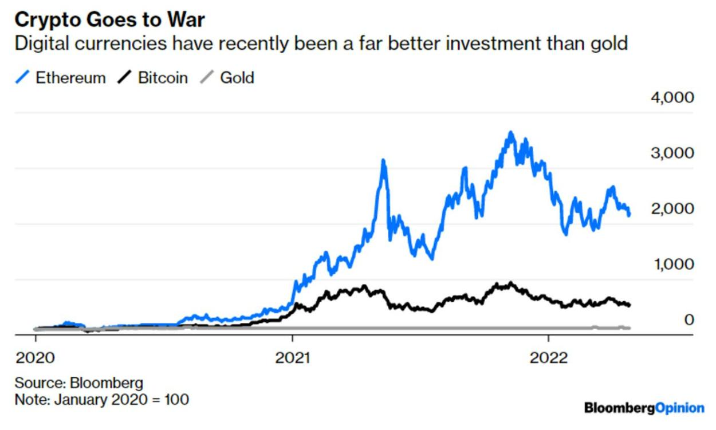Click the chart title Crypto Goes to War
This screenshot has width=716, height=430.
click(109, 20)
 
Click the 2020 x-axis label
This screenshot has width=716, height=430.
click(36, 358)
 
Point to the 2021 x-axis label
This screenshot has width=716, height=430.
click(292, 358)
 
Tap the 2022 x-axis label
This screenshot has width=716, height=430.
click(549, 358)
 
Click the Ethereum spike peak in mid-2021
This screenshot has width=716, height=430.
click(383, 161)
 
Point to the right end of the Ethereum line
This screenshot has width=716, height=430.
click(630, 215)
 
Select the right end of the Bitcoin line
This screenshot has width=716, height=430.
click(630, 305)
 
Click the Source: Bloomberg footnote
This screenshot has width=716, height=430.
click(78, 382)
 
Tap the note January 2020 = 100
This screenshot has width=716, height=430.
click(101, 399)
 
